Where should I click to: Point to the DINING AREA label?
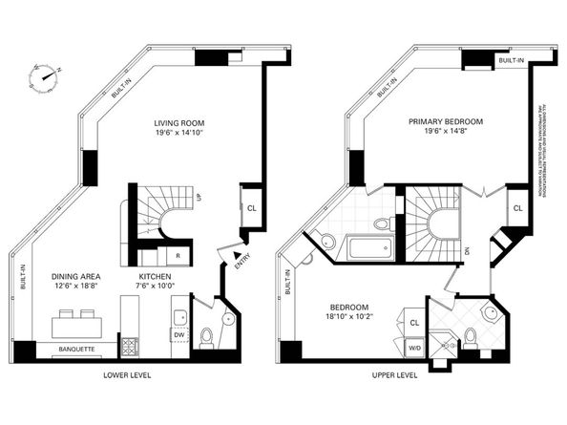79,277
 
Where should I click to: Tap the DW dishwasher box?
178,334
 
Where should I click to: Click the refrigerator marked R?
178,256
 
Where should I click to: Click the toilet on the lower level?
205,336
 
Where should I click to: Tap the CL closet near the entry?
251,207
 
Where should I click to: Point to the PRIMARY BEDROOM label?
445,122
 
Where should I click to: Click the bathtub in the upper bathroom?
369,251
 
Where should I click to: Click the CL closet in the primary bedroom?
517,207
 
